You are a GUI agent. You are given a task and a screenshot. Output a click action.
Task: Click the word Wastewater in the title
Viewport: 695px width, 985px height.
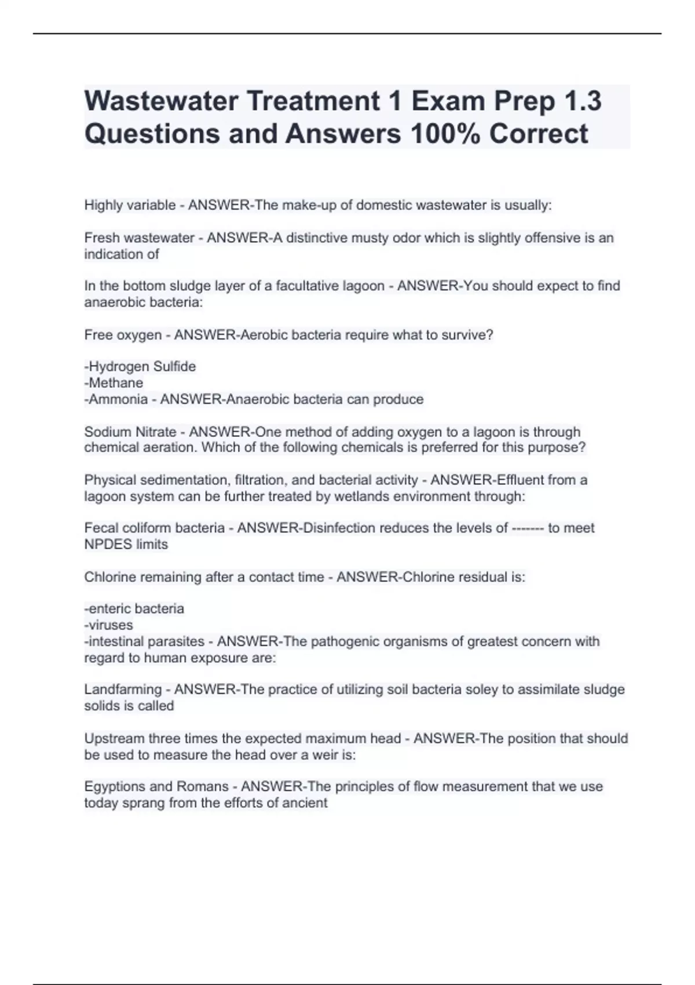tap(162, 101)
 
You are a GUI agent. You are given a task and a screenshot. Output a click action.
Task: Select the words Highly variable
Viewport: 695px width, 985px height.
tap(130, 205)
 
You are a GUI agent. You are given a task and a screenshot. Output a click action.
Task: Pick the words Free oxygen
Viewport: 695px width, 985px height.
tap(123, 335)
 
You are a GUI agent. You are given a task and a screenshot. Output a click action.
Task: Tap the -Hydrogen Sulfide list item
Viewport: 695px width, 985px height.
tap(140, 366)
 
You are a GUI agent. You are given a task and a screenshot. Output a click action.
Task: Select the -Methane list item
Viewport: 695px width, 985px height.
tap(114, 382)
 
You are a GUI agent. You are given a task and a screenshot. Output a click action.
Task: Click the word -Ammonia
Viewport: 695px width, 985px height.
tap(116, 399)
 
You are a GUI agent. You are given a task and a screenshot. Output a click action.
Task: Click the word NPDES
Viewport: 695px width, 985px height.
tap(108, 545)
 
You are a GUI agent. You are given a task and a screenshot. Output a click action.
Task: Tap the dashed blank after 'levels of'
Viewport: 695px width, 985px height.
tap(528, 528)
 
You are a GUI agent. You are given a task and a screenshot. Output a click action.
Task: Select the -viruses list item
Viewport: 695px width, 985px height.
tap(109, 625)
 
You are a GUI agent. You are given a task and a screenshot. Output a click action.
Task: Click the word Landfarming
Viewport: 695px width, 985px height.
tap(123, 690)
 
